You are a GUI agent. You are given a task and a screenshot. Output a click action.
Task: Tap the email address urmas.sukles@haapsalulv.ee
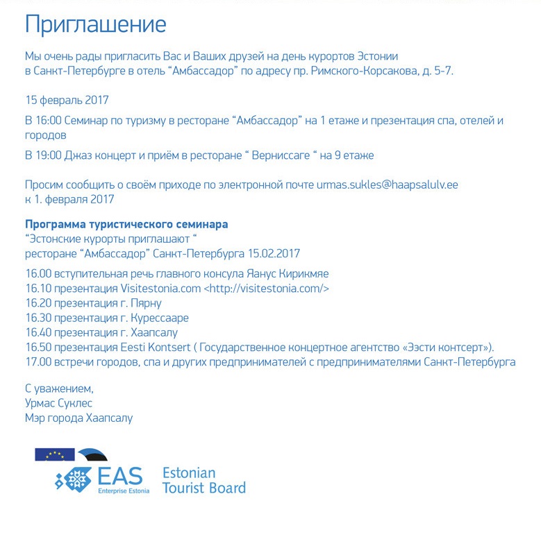(388, 185)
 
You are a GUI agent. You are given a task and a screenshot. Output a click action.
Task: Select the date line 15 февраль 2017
(67, 100)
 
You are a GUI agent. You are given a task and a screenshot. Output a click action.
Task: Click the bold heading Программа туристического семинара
(126, 225)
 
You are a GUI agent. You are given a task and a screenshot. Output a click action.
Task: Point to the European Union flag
(55, 454)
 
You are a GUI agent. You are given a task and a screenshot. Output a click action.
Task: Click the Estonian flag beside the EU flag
(92, 454)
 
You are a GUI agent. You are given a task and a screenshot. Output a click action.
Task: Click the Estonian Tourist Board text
(203, 481)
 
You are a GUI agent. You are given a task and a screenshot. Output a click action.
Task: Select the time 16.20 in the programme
(39, 303)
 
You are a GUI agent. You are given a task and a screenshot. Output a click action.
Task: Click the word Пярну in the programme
(146, 303)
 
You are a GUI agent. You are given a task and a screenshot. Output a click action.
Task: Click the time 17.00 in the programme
(39, 362)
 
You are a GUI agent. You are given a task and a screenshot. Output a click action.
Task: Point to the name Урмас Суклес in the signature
(58, 403)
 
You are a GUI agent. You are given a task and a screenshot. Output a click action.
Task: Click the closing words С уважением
(59, 389)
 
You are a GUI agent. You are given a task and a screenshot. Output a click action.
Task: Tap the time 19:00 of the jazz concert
(52, 155)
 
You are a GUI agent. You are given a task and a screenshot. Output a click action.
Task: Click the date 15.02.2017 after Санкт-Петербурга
(274, 253)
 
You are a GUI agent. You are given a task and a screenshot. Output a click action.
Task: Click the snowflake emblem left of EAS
(74, 479)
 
